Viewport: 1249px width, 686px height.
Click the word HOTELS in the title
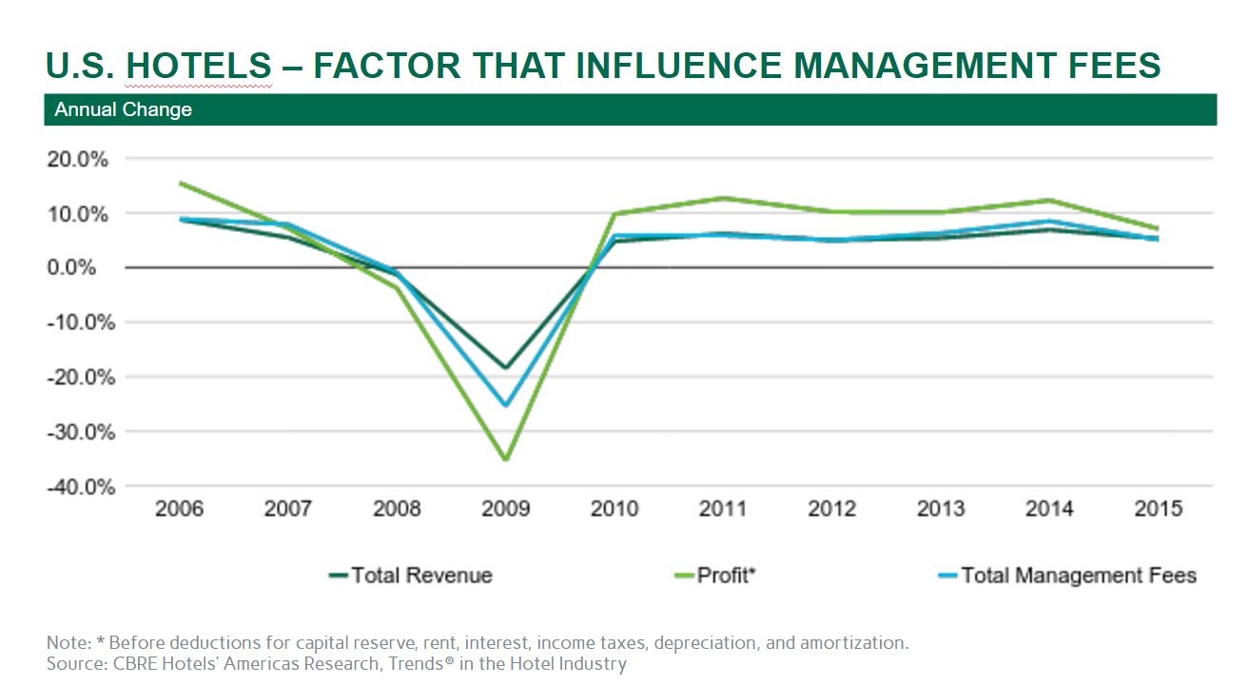[x=199, y=65]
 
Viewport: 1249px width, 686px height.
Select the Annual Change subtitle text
[x=123, y=109]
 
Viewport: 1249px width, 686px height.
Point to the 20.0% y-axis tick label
[x=78, y=159]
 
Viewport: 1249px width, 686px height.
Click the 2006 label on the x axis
[x=179, y=509]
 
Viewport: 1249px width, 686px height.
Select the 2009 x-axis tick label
[x=505, y=509]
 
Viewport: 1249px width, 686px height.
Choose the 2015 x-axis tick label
[x=1158, y=509]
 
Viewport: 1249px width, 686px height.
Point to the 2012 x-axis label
[x=831, y=509]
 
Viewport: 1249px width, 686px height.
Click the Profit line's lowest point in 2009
[x=505, y=460]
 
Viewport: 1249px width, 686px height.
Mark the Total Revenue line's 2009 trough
[x=505, y=368]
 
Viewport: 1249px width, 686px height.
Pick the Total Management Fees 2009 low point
[x=505, y=405]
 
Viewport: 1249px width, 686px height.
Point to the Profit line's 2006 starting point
[x=179, y=183]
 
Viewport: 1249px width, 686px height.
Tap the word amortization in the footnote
[x=855, y=642]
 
